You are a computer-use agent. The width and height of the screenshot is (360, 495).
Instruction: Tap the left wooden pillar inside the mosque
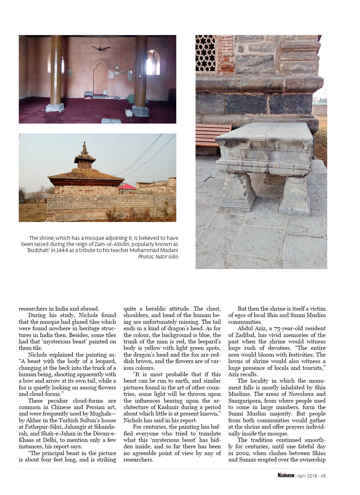54,74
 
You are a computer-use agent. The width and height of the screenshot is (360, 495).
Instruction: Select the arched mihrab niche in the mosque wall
101,78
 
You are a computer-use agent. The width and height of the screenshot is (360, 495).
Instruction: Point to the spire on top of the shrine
84,149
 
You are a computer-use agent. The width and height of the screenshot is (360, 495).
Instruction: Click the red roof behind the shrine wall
128,186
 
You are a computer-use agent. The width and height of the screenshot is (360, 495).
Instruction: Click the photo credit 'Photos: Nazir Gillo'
158,257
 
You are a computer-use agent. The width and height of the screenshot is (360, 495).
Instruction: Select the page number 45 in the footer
323,475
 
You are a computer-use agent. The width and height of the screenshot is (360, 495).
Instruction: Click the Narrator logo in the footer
286,475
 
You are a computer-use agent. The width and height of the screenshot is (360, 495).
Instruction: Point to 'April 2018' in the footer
307,475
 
